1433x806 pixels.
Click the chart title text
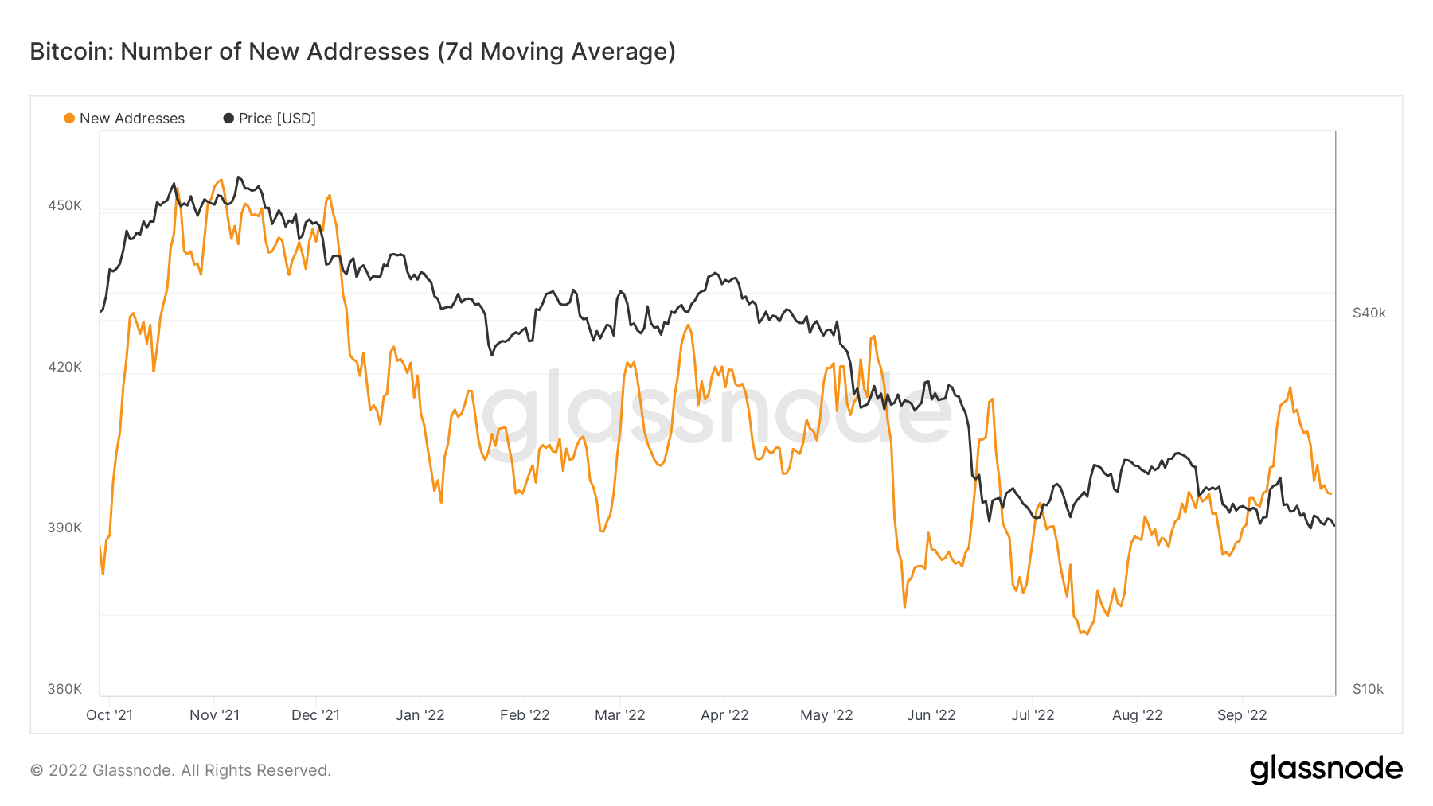(353, 52)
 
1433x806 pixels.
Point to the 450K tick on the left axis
(64, 205)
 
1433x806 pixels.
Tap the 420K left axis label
(64, 367)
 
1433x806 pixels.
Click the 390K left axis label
(64, 528)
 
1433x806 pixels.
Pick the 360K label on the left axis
(64, 689)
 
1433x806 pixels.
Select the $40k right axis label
(1369, 313)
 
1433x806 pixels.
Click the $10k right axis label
(1368, 689)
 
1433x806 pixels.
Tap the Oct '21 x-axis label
(109, 715)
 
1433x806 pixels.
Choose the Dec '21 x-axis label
(315, 715)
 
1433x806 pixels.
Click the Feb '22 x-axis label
(525, 715)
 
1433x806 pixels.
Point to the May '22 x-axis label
(826, 715)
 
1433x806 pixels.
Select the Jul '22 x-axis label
(1033, 715)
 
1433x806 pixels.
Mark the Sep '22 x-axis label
(1242, 715)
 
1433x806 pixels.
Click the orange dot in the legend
(69, 119)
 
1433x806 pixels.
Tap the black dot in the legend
(228, 119)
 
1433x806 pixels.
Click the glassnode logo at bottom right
(1326, 769)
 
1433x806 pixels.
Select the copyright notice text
(181, 770)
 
